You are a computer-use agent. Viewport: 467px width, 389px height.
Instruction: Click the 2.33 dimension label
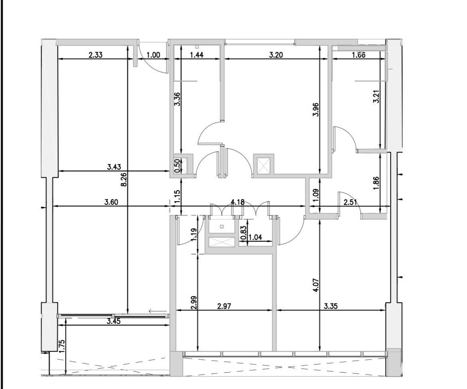coord(96,55)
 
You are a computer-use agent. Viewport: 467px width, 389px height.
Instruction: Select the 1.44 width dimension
coord(196,55)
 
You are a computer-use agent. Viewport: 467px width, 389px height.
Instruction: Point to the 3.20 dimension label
coord(276,55)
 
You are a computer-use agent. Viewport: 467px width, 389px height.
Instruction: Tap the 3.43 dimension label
coord(114,167)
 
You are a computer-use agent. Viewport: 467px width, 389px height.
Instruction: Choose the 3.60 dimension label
coord(111,202)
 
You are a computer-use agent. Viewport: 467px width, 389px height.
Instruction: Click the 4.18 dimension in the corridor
coord(237,202)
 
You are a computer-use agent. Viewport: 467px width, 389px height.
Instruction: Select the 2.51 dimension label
coord(350,202)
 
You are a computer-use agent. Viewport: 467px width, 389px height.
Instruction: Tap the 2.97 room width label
coord(224,306)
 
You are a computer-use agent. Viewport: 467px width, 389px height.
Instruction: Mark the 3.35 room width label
coord(330,306)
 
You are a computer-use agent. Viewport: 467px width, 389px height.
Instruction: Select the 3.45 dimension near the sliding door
coord(114,322)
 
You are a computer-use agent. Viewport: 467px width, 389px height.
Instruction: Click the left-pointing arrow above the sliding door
coord(158,312)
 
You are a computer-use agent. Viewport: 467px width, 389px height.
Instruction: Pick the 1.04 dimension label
coord(255,237)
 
